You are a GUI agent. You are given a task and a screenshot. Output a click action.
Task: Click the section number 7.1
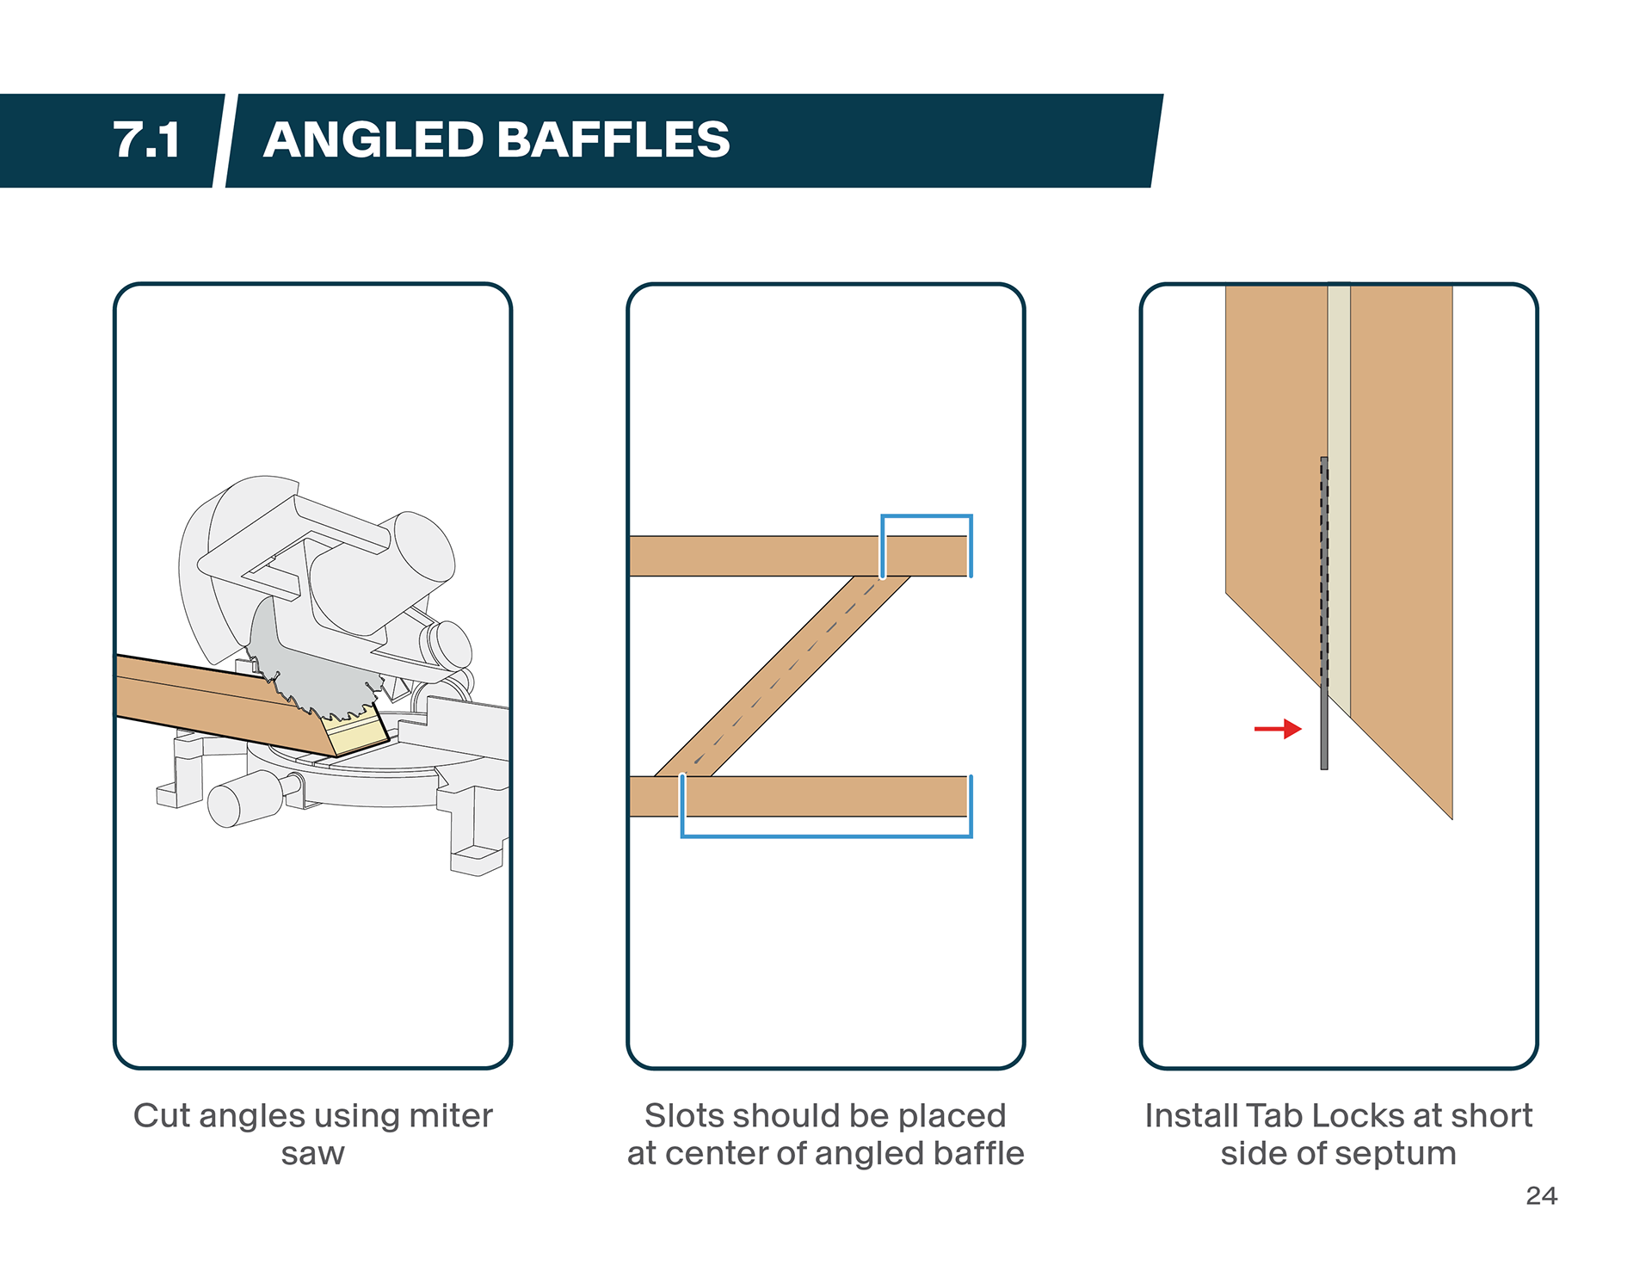coord(146,140)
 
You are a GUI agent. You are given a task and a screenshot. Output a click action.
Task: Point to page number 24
coord(1541,1196)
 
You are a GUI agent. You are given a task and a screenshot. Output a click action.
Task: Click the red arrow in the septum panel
coord(1278,730)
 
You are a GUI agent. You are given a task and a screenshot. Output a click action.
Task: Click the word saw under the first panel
coord(312,1155)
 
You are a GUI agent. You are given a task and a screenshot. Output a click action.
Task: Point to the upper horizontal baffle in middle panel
coord(799,556)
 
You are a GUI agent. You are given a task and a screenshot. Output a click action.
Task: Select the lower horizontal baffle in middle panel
coord(799,796)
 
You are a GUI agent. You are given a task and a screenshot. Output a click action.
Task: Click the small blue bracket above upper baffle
coord(927,517)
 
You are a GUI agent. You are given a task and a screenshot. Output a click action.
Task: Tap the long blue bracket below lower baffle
coord(826,835)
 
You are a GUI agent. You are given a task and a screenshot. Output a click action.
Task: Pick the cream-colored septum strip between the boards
coord(1339,499)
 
